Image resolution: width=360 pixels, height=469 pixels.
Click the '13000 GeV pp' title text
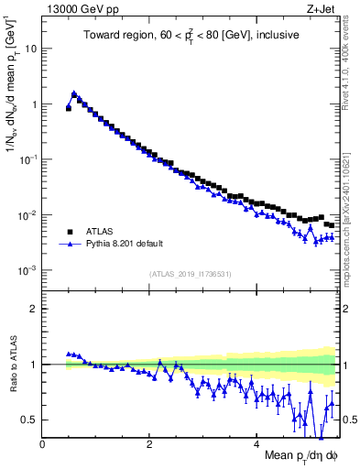(79, 10)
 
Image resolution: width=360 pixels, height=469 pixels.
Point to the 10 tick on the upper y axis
(30, 49)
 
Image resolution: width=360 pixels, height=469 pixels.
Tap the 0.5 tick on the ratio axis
(28, 420)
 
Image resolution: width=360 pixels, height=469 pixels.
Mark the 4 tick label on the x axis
(256, 445)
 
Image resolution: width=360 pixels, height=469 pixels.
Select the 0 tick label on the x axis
(42, 445)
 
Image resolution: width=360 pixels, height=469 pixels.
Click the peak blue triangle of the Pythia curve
(74, 93)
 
